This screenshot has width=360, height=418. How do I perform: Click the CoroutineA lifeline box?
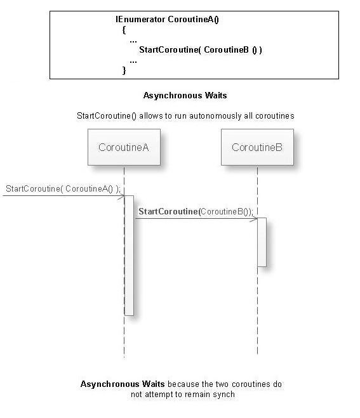(124, 147)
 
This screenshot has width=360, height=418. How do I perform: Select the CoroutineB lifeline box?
(257, 147)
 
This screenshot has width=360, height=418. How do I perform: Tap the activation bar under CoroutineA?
(129, 254)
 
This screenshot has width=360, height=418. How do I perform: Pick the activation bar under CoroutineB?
(262, 242)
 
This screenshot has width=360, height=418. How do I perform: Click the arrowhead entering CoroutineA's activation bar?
(120, 197)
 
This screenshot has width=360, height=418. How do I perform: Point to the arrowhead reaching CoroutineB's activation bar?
(253, 219)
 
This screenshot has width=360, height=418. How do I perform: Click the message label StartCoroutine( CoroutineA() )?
(63, 188)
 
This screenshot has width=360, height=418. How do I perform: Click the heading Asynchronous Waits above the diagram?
(185, 96)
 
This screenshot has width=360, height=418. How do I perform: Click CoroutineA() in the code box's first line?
(193, 19)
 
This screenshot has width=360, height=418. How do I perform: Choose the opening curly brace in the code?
(124, 29)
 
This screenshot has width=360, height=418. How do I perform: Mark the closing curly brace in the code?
(124, 70)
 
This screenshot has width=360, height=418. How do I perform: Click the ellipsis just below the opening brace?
(133, 39)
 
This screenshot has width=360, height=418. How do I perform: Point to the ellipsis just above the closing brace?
(133, 60)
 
